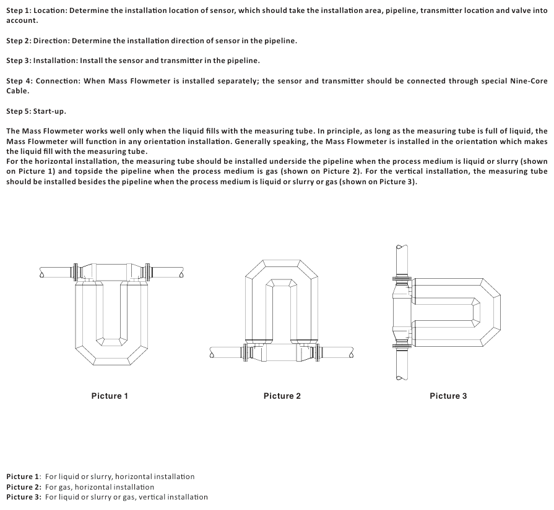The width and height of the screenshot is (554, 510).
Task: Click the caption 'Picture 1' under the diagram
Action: pyautogui.click(x=110, y=396)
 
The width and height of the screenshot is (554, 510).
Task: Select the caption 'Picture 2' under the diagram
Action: pyautogui.click(x=282, y=396)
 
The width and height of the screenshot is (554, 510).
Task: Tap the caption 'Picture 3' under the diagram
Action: pyautogui.click(x=448, y=396)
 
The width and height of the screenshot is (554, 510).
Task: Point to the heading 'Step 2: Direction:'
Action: pyautogui.click(x=38, y=41)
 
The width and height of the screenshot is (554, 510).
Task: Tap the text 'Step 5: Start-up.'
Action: pyautogui.click(x=36, y=111)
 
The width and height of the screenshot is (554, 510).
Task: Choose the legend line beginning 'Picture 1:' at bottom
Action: pyautogui.click(x=100, y=477)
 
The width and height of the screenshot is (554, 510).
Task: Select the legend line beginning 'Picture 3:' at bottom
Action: pyautogui.click(x=107, y=496)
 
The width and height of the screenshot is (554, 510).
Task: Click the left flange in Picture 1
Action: pyautogui.click(x=76, y=271)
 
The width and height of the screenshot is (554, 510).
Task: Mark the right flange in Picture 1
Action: pyautogui.click(x=148, y=271)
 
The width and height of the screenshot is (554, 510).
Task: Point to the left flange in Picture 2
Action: pyautogui.click(x=249, y=354)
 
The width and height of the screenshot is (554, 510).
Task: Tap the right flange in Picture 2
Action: pyautogui.click(x=319, y=354)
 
